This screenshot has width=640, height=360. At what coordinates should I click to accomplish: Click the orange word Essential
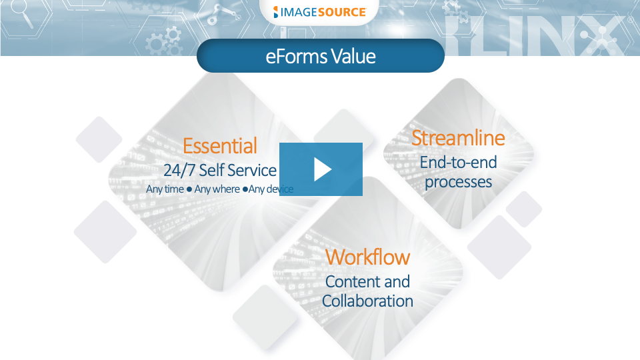[219, 146]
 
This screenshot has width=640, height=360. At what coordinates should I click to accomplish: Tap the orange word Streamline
[458, 137]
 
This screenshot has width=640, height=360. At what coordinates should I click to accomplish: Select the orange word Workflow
[367, 257]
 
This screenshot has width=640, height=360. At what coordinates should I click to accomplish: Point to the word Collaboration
[367, 301]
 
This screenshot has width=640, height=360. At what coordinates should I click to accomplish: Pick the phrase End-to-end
[459, 163]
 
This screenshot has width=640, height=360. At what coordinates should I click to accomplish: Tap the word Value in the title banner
[353, 56]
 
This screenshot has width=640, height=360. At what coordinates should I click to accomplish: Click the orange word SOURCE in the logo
[342, 12]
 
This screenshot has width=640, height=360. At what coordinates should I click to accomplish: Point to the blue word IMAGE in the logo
[299, 12]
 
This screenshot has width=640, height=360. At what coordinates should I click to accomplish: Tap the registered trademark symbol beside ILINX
[631, 19]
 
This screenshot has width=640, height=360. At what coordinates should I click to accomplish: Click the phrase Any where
[217, 189]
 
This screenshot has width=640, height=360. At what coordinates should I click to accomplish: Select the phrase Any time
[165, 189]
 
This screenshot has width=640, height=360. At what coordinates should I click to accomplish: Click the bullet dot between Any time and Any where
[189, 189]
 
